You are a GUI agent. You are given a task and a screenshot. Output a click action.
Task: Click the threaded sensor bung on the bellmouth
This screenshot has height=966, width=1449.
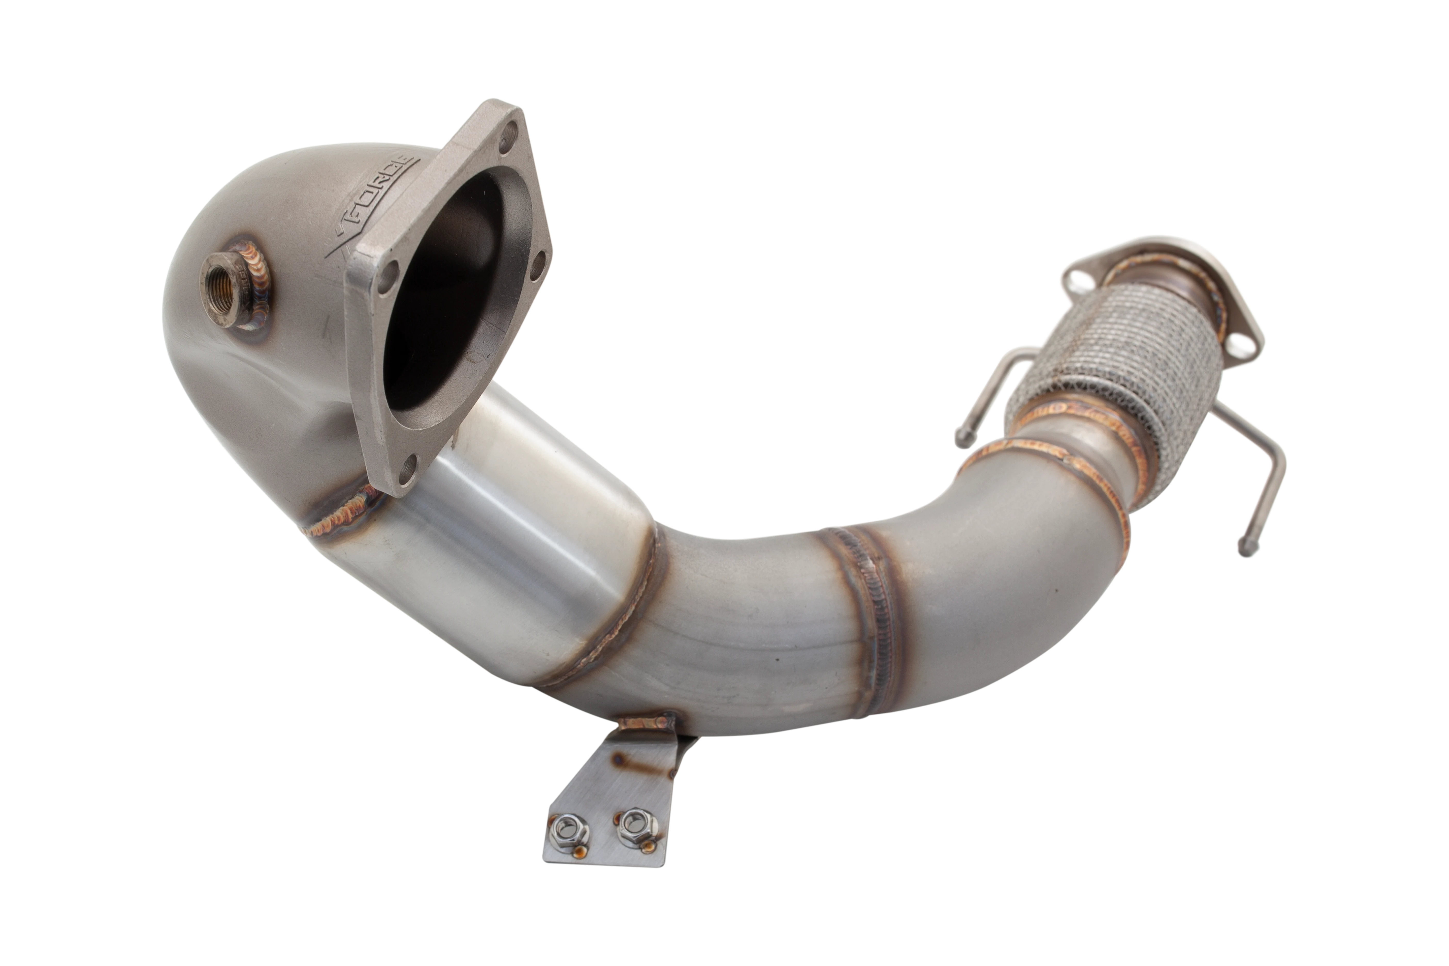tap(234, 285)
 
